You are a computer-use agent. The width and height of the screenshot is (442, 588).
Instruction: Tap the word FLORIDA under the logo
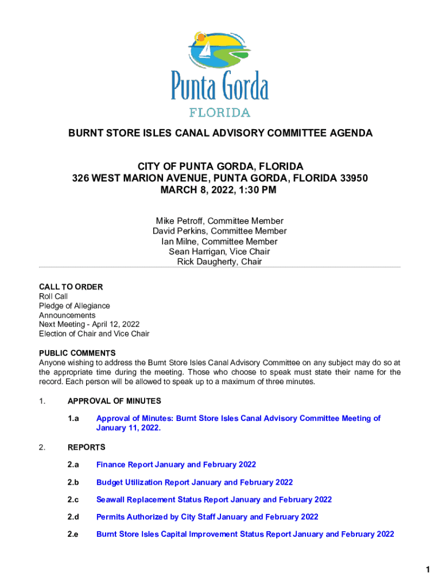pos(219,112)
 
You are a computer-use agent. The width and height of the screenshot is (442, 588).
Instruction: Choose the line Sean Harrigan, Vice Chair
pos(219,252)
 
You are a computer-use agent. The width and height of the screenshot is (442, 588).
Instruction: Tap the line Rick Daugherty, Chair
pos(219,262)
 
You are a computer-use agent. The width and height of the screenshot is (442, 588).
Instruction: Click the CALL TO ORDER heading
pos(71,287)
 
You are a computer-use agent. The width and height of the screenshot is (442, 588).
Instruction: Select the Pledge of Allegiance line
pos(74,306)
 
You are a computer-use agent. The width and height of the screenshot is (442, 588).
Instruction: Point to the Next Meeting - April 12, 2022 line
pos(89,324)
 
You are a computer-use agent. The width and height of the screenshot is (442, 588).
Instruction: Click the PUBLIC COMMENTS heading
pos(77,353)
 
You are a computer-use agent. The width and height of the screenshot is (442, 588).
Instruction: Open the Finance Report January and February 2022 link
pos(176,465)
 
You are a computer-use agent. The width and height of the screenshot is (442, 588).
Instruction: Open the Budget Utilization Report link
pos(195,482)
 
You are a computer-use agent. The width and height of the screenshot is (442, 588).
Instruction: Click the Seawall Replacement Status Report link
pos(214,500)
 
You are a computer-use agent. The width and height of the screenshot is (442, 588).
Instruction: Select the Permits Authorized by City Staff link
pos(207,517)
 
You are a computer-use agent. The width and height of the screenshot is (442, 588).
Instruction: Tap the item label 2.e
pos(73,534)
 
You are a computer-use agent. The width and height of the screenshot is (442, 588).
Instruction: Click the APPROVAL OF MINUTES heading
pos(114,401)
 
